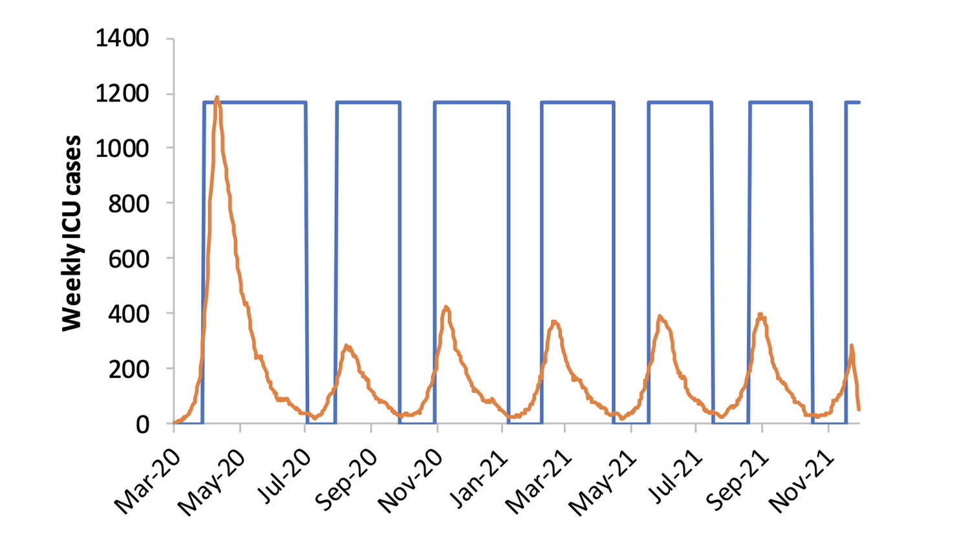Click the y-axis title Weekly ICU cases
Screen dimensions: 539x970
pos(72,233)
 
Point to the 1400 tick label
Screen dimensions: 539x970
pos(122,39)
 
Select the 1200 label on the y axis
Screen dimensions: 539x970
pos(122,94)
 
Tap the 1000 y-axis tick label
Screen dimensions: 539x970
pos(122,149)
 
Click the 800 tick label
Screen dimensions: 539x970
pos(128,204)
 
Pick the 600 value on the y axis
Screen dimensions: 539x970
pos(128,259)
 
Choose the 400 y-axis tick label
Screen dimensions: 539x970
pos(128,313)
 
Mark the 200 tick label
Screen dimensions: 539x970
pos(128,369)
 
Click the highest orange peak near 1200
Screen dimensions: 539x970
pos(217,98)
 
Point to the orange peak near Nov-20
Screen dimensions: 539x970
pos(446,307)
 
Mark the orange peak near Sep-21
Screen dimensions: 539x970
pos(761,315)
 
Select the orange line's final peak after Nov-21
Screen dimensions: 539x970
pos(852,346)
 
